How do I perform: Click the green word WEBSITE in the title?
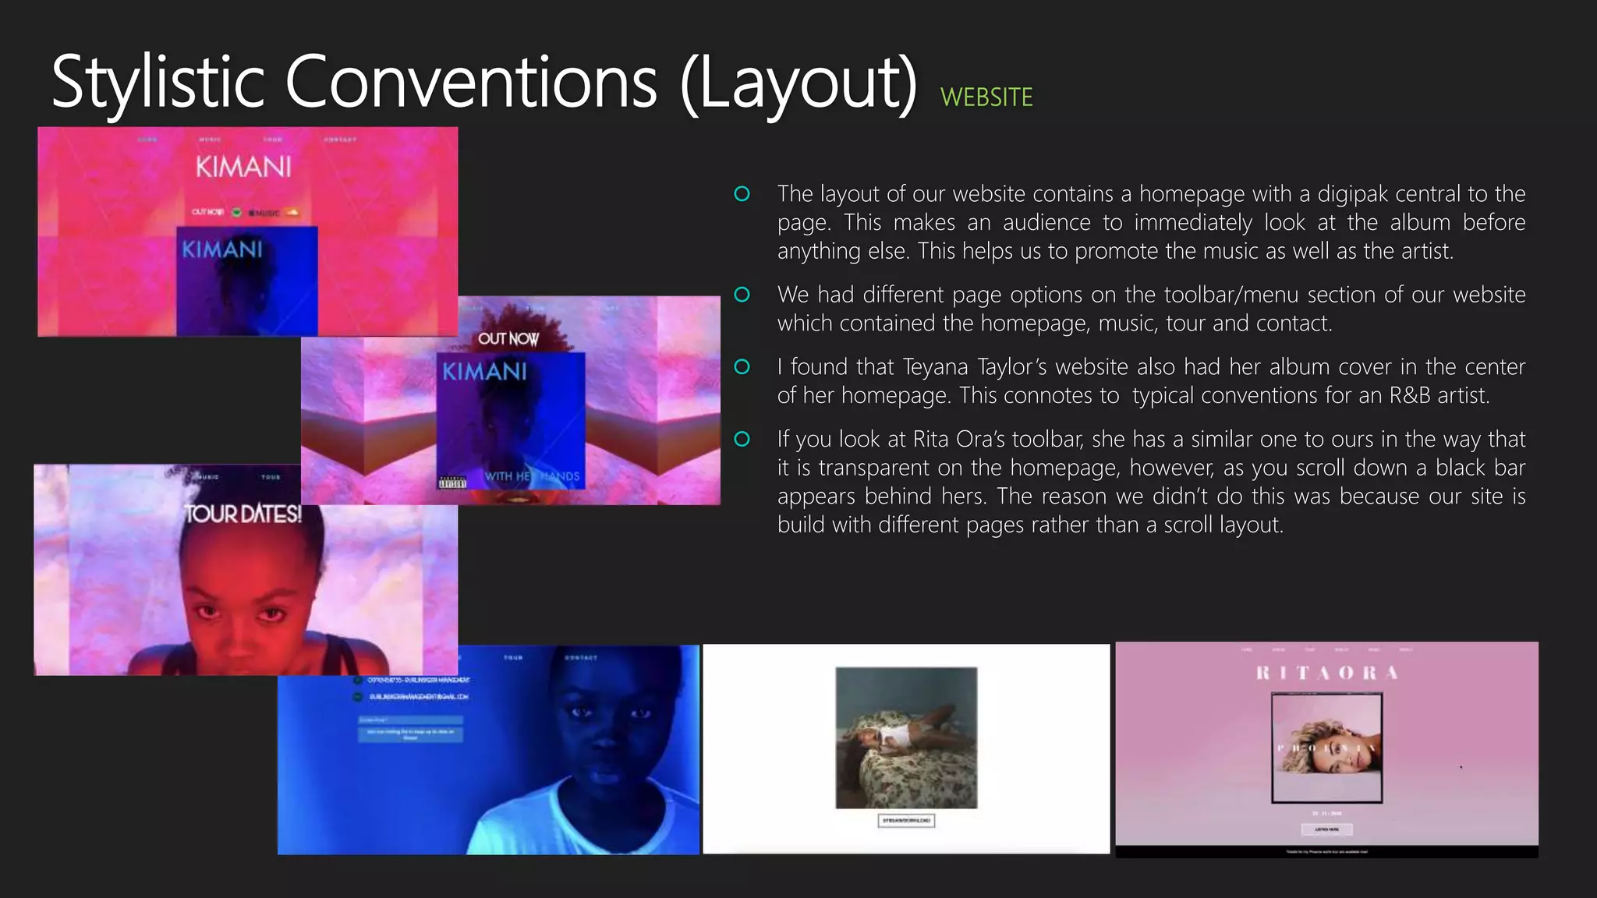(986, 97)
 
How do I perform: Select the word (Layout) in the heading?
(798, 83)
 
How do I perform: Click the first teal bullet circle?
(742, 193)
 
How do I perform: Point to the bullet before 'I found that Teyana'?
(742, 366)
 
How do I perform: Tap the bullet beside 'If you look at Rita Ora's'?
(742, 439)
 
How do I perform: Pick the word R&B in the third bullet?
(1410, 395)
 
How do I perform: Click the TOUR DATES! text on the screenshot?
(243, 514)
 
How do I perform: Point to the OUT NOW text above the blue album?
(508, 339)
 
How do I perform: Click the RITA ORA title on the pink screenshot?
(1326, 673)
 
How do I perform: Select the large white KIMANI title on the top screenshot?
(243, 167)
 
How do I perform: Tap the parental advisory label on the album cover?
(452, 483)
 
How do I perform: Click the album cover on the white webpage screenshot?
(906, 737)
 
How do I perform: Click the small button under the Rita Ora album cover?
(1326, 829)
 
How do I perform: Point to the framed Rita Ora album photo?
(1326, 748)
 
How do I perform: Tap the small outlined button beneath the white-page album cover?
(906, 820)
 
